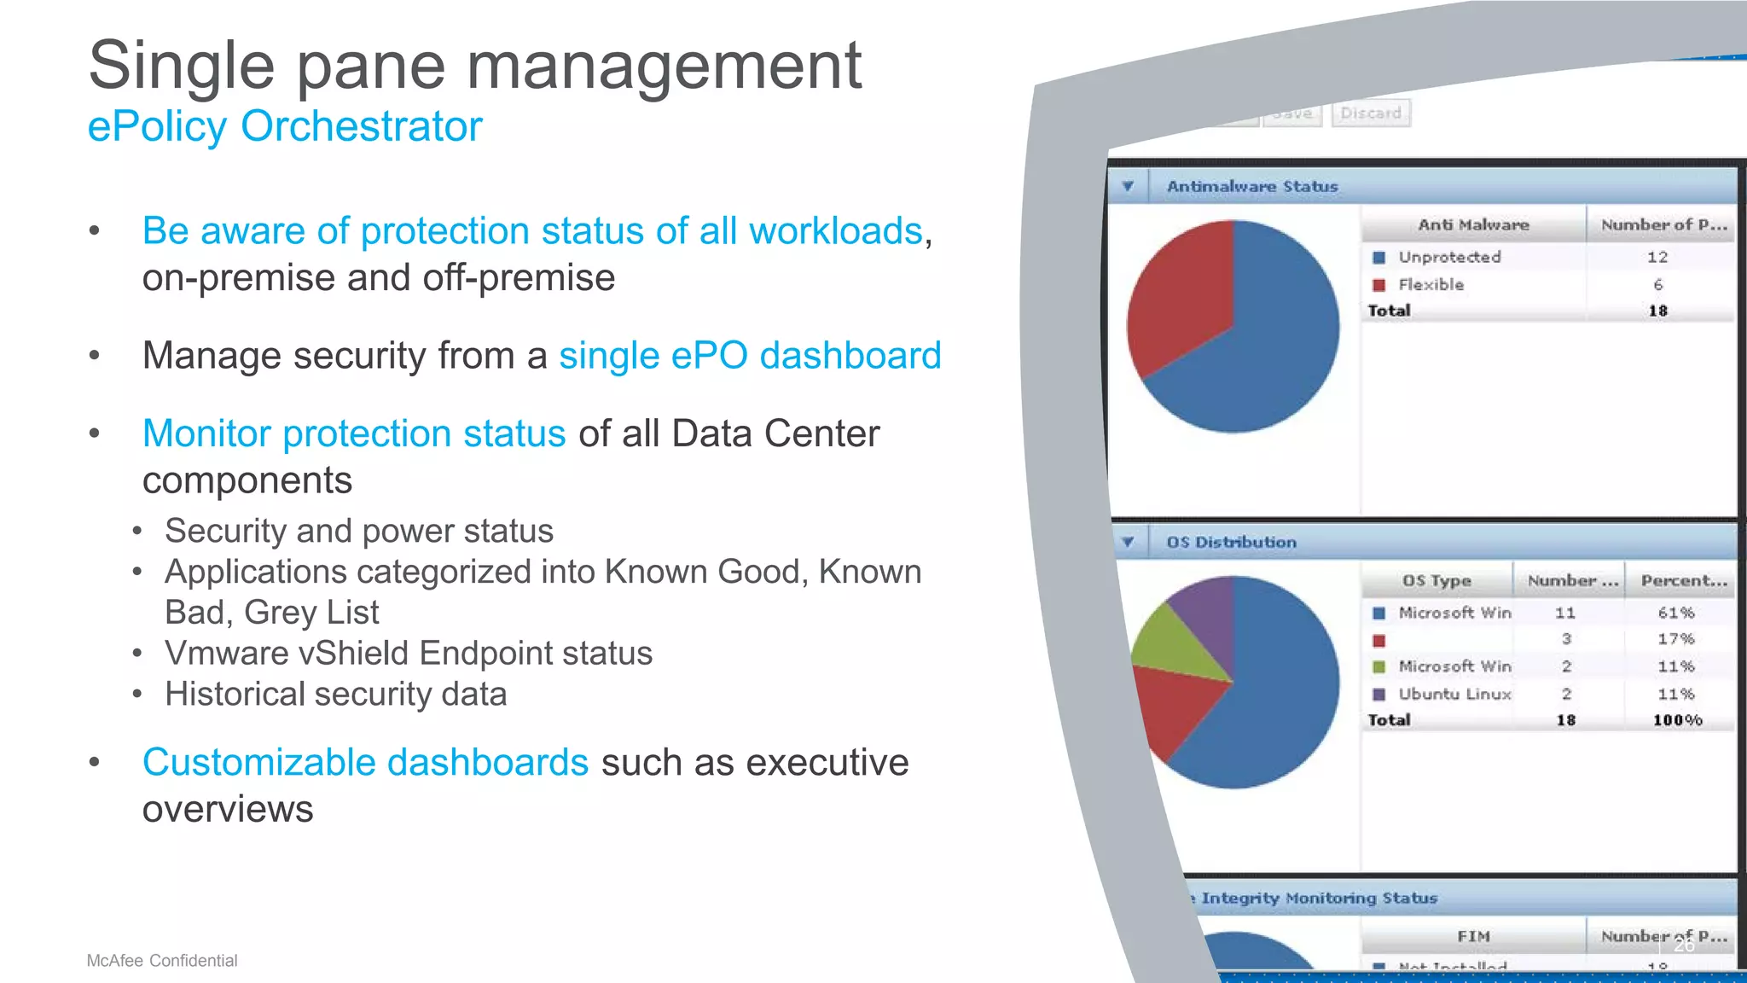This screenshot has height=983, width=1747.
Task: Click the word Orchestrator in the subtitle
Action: [361, 127]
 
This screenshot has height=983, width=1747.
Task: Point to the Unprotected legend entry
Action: [1448, 257]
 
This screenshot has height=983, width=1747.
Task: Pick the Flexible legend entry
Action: [1431, 284]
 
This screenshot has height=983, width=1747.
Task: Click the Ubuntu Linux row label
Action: [1454, 694]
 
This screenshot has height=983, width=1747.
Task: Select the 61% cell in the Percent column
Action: [1675, 613]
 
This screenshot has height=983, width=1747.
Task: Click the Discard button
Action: [1370, 113]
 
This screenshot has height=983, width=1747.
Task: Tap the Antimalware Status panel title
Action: [1251, 186]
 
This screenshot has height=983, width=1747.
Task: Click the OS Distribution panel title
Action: [1231, 542]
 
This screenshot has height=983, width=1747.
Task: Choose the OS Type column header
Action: [1436, 580]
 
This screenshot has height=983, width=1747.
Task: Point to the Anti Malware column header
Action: [1473, 224]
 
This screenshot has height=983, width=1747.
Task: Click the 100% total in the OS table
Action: [1677, 720]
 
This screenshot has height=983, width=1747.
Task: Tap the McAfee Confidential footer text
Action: [162, 961]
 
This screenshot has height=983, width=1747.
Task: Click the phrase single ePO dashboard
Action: [750, 356]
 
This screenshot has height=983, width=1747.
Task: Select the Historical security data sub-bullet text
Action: [335, 694]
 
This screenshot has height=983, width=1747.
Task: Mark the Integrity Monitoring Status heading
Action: [1318, 898]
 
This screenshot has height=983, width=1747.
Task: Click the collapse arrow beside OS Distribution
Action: [1128, 542]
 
